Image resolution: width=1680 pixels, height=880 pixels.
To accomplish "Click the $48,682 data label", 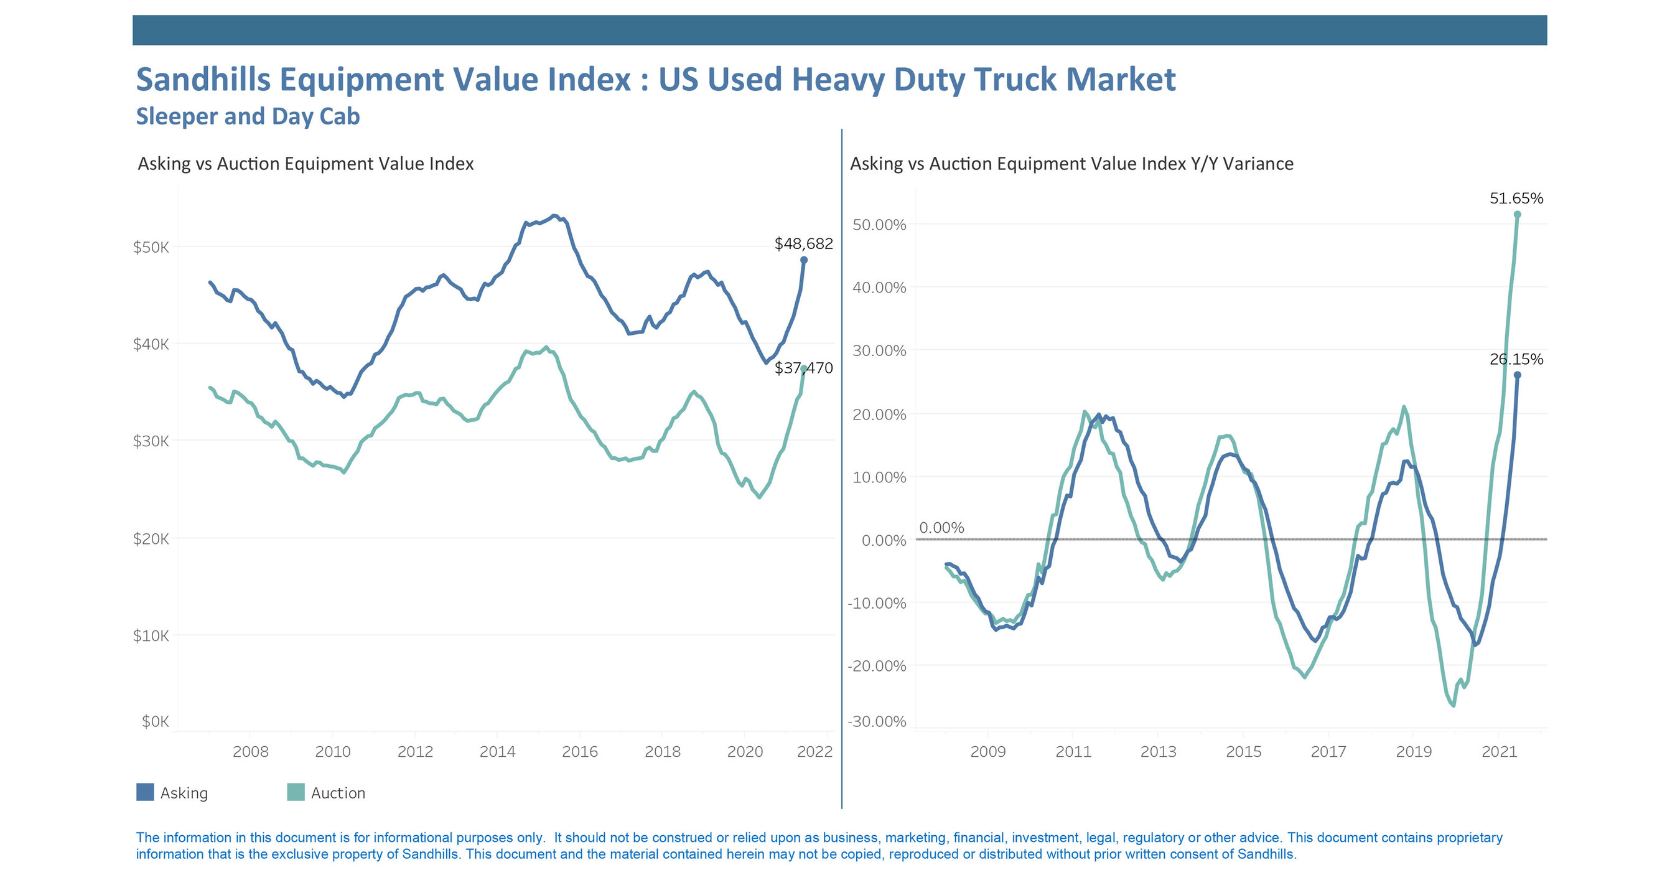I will [803, 244].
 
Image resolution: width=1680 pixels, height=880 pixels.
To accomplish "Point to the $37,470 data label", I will [803, 368].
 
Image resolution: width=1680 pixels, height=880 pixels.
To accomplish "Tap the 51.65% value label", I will [1516, 199].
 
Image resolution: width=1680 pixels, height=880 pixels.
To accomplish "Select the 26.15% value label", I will [1516, 359].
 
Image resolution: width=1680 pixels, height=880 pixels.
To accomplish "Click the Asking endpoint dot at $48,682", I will [803, 260].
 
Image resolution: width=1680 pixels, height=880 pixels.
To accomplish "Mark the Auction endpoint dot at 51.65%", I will [1517, 215].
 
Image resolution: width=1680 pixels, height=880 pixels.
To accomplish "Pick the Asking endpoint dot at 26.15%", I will [1517, 375].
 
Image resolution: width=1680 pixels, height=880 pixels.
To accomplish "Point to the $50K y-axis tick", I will [151, 247].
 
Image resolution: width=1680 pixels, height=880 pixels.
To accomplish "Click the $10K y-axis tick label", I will [151, 635].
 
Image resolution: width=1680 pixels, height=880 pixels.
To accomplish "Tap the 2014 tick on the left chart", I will [497, 752].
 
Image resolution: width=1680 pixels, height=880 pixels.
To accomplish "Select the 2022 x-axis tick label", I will [814, 752].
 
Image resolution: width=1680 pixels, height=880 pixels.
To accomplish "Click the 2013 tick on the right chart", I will [1158, 752].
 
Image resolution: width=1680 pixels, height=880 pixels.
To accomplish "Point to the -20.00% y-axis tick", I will [877, 666].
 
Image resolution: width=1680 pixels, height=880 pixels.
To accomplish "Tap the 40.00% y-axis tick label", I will [879, 288].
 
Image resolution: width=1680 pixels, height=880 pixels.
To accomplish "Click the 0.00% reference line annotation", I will [941, 527].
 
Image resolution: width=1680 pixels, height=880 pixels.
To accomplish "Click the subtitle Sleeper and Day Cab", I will [248, 116].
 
